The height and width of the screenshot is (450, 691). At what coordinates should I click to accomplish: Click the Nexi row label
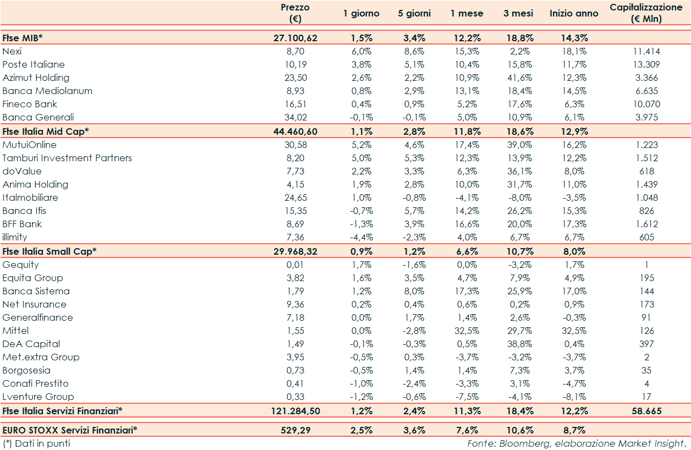12,51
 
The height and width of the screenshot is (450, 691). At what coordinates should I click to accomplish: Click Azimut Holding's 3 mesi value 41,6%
518,78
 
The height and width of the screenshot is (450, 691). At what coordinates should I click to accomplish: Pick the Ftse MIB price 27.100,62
295,38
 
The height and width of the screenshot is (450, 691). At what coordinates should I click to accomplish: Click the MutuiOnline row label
29,145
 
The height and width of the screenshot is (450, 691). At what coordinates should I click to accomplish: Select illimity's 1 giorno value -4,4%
361,237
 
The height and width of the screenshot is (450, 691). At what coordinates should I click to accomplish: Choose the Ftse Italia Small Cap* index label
50,251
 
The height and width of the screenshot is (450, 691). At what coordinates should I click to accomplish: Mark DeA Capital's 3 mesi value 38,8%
518,344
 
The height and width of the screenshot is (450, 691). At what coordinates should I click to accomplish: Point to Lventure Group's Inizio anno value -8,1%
573,397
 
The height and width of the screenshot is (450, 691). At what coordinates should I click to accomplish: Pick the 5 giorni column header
414,13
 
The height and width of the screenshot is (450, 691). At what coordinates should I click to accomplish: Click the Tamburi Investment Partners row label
67,158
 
